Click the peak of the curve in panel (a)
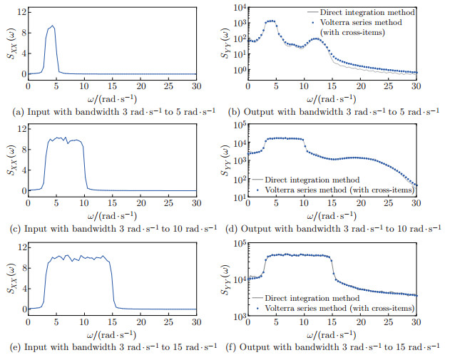tap(52, 26)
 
